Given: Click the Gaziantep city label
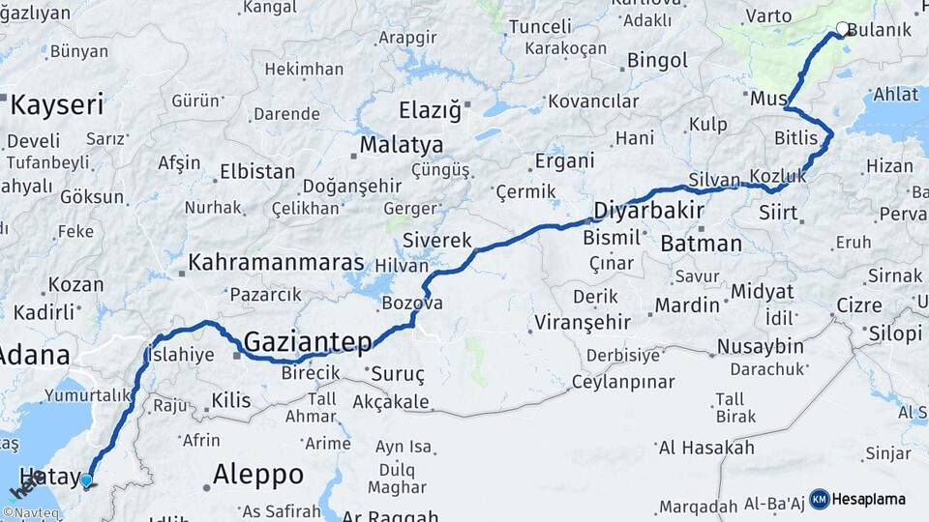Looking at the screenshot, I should pos(308,341).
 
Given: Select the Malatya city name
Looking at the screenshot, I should pos(402,146).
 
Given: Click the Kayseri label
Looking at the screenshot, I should pos(56,104).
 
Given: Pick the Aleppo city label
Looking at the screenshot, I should pos(257,475).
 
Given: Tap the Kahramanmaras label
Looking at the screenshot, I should pos(276,262).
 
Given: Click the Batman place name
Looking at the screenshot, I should pos(701,244).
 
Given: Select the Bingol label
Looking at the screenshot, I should pos(657,61).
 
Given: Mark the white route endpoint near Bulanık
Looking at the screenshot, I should pos(843,29).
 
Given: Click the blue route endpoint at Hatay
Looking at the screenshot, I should pos(86,480).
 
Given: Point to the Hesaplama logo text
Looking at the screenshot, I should pos(868,499).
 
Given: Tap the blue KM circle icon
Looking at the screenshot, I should pos(820,499).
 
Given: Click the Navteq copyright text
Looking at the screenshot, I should pos(31,512).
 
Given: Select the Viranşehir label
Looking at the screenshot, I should pos(583,322).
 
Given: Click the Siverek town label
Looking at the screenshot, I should pos(436,240).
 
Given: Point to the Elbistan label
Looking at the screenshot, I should pos(257,172).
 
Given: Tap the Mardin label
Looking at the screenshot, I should pos(687,305).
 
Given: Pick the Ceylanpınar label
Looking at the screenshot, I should pos(622,382).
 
